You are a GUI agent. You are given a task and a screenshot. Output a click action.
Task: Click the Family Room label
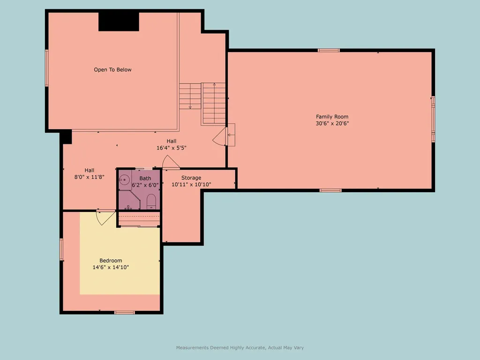point(332,117)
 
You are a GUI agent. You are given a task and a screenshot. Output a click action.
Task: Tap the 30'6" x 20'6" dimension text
point(332,123)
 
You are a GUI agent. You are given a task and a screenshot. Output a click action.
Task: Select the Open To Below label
point(112,70)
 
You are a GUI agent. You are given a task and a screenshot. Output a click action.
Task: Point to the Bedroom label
point(111,261)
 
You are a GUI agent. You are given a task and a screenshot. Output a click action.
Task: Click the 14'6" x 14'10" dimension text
point(111,267)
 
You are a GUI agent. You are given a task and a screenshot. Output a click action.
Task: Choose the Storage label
point(191,178)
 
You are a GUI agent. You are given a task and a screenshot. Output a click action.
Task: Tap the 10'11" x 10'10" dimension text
point(191,185)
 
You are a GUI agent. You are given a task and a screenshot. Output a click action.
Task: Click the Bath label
point(145,178)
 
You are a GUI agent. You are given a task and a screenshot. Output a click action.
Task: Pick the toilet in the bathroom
point(151,202)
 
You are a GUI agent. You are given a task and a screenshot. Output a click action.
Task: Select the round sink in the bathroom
point(124,180)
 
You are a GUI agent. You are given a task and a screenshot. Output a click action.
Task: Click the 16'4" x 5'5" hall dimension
point(172,148)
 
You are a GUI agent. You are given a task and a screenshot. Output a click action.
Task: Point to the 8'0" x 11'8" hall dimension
point(90,177)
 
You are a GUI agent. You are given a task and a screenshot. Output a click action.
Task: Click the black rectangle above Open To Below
point(119,22)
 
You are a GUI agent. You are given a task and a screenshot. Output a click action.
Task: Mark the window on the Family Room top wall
point(329,50)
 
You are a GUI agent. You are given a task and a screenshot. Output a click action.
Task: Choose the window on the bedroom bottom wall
point(124,313)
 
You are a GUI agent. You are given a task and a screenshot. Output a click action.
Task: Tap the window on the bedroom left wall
point(61,249)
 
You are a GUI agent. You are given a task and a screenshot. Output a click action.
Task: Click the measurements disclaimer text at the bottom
point(240,347)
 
